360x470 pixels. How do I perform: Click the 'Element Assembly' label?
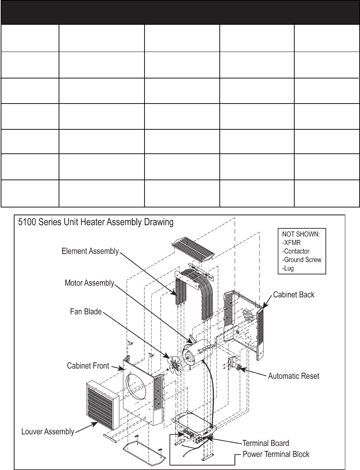click(90, 251)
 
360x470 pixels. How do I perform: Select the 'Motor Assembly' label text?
click(89, 283)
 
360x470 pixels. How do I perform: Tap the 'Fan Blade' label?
click(86, 312)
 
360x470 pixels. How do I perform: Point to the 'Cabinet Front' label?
click(88, 366)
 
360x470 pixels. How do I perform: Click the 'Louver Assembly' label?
click(48, 431)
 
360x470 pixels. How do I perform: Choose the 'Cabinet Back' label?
click(294, 294)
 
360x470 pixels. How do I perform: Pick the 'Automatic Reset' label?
click(294, 376)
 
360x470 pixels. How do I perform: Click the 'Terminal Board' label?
click(265, 443)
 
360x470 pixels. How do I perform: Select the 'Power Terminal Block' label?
click(276, 454)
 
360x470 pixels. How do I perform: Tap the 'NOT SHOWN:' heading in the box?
click(301, 234)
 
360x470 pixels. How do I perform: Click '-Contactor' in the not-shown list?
click(296, 251)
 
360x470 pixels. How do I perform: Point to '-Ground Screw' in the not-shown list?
click(302, 260)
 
